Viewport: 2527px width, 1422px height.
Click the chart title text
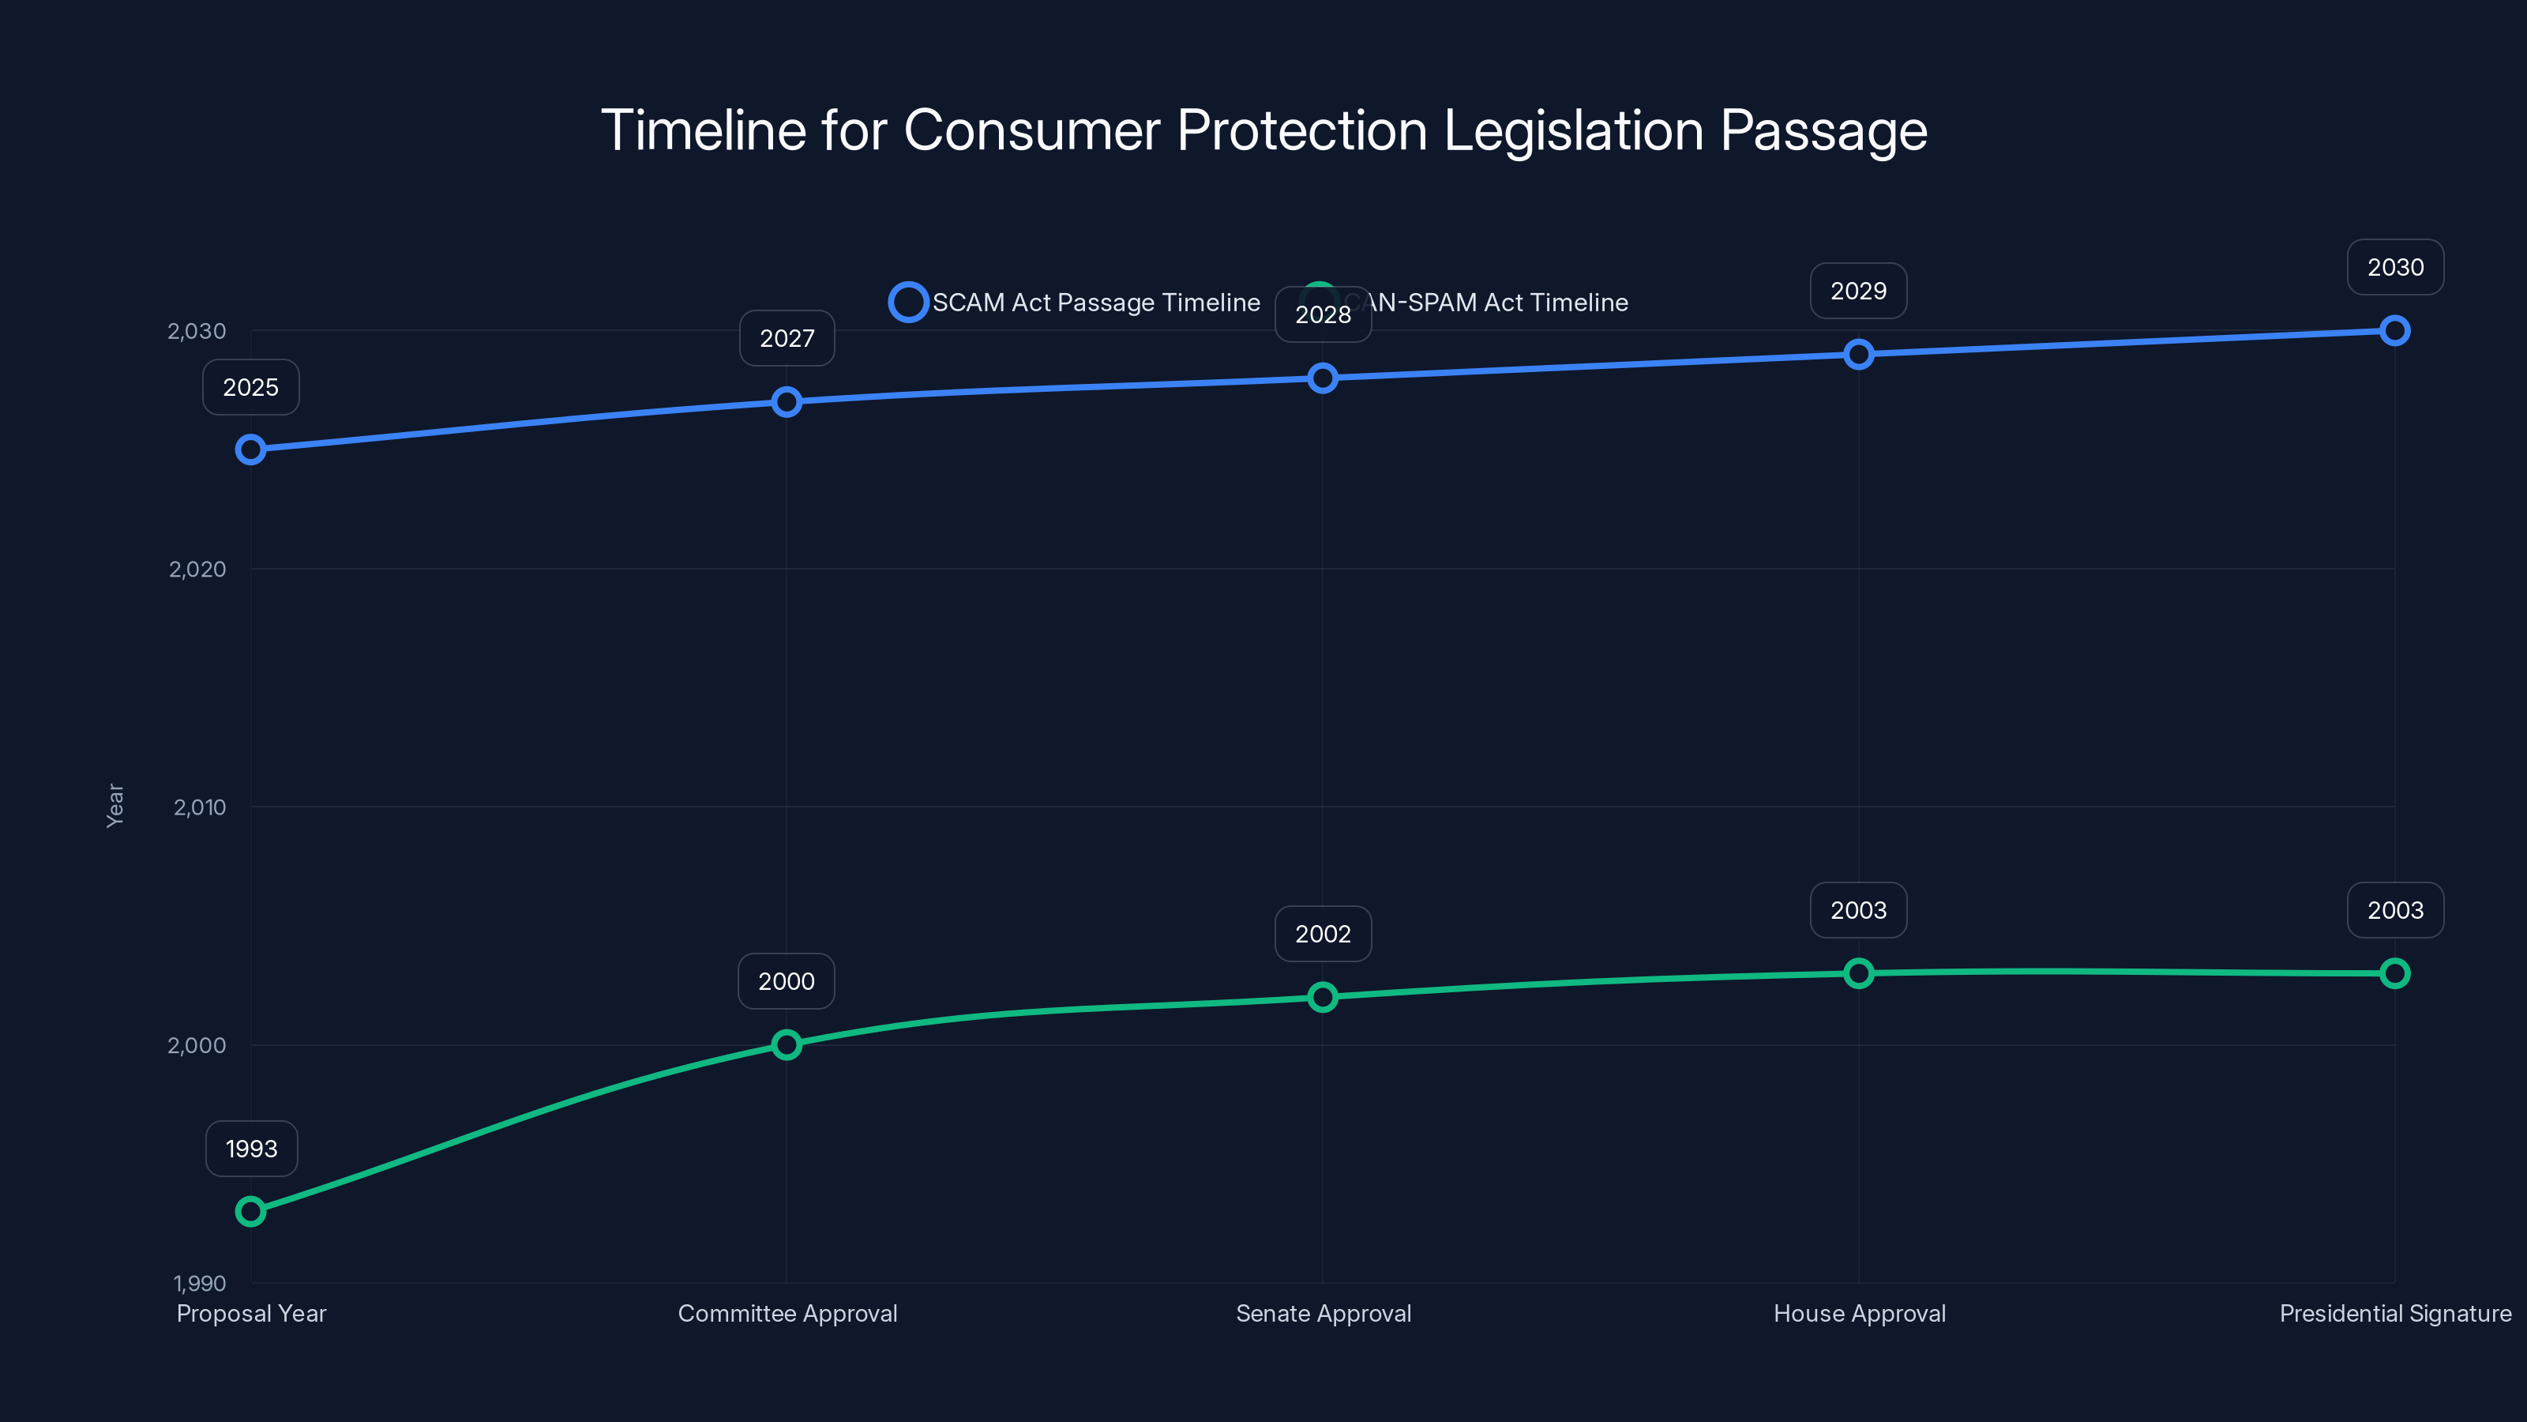click(x=1263, y=130)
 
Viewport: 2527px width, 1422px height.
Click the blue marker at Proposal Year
click(x=251, y=450)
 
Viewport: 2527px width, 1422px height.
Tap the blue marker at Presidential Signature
click(x=2394, y=331)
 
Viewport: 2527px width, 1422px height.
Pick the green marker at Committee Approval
click(x=786, y=1044)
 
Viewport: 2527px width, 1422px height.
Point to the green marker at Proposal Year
click(x=251, y=1211)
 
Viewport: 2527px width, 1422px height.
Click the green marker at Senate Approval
click(x=1323, y=997)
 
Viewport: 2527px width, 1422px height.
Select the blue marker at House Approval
click(x=1858, y=354)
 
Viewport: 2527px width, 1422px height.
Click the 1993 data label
click(x=251, y=1148)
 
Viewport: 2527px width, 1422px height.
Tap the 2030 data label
click(x=2394, y=267)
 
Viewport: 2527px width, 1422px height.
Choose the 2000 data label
click(x=786, y=981)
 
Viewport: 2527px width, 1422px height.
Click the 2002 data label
click(x=1323, y=933)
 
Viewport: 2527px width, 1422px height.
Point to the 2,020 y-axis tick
click(x=197, y=569)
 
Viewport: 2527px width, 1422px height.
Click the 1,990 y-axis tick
click(x=199, y=1283)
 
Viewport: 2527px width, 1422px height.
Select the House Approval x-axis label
click(x=1859, y=1313)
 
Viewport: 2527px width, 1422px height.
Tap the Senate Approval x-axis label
click(x=1324, y=1313)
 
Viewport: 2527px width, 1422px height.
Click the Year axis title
click(x=115, y=806)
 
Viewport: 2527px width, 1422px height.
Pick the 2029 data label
click(x=1858, y=291)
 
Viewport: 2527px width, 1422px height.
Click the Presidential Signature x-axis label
click(x=2394, y=1313)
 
